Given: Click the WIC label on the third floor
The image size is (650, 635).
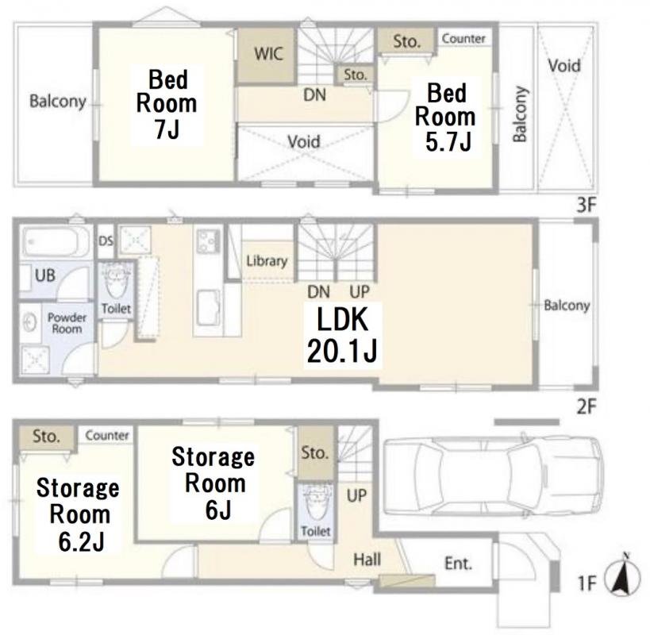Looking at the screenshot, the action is [268, 54].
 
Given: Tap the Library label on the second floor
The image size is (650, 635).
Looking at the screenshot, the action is [267, 260].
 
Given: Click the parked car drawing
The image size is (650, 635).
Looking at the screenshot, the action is [492, 475].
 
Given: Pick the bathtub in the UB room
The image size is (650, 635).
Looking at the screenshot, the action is [56, 241].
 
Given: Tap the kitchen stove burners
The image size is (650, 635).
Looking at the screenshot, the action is [208, 241].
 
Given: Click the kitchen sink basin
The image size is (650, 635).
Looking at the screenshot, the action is [209, 307].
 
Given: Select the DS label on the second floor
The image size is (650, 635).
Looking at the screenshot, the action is [106, 241].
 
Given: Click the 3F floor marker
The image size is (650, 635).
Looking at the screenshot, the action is [587, 205].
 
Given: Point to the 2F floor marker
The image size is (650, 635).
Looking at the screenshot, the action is [587, 406].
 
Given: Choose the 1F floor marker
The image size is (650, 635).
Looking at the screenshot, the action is [587, 583].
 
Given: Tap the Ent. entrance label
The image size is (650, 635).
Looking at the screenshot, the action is [458, 564].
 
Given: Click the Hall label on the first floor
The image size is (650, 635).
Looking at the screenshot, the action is [367, 560].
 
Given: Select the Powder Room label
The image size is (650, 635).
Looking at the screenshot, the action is [67, 323].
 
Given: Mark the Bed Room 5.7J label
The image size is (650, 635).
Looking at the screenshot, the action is [446, 117].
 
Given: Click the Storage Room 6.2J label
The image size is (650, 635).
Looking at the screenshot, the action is [79, 514].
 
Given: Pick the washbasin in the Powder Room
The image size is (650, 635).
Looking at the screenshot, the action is [30, 322].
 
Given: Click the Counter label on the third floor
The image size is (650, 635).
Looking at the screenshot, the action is [463, 39].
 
